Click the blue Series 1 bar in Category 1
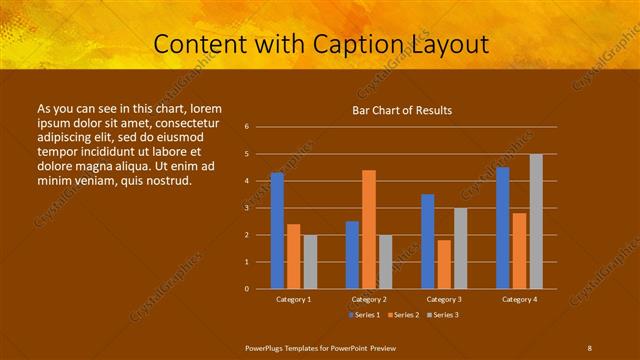click(277, 231)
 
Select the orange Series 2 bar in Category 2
click(369, 229)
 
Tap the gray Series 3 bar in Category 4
click(536, 221)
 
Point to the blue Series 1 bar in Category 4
click(503, 228)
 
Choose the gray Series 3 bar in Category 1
click(310, 262)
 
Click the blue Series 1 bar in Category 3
click(428, 241)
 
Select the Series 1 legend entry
click(363, 315)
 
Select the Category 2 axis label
click(369, 299)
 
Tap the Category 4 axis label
click(519, 299)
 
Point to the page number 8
click(589, 347)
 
